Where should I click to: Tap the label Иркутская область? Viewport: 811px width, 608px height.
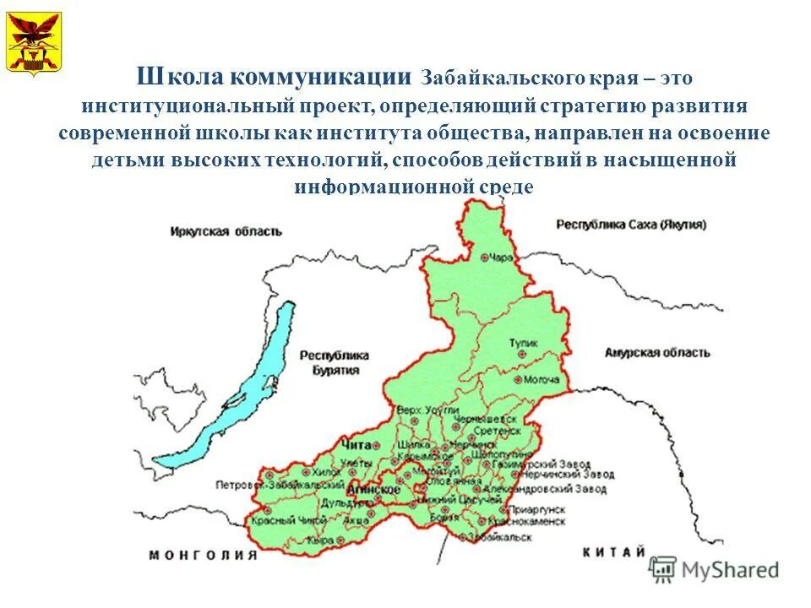coord(226,231)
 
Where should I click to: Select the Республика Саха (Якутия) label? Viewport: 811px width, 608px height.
coord(631,225)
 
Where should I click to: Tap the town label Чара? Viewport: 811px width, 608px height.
coord(502,257)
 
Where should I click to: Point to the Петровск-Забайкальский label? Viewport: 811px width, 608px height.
coord(269,485)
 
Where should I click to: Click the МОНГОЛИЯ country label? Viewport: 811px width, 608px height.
coord(203,555)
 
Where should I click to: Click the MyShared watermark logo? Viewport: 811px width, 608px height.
coord(715,570)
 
